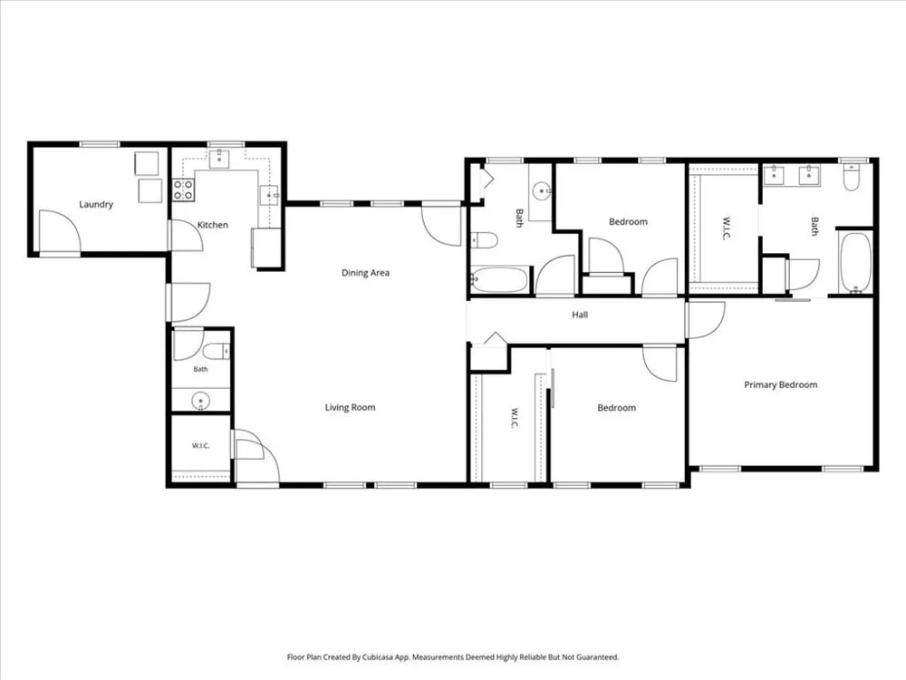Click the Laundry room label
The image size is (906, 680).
[96, 204]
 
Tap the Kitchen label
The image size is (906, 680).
[213, 225]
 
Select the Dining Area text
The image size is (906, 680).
[365, 273]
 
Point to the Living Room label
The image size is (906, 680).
[350, 408]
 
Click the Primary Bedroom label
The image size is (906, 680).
[781, 385]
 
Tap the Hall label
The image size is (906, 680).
[580, 315]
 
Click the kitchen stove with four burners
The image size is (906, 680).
[183, 190]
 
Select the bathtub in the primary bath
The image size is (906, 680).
[855, 263]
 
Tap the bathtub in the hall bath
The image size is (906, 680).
[500, 280]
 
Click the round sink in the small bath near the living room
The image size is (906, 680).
[200, 401]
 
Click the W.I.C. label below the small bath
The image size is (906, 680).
[200, 446]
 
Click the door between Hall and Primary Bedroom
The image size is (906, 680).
[705, 320]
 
